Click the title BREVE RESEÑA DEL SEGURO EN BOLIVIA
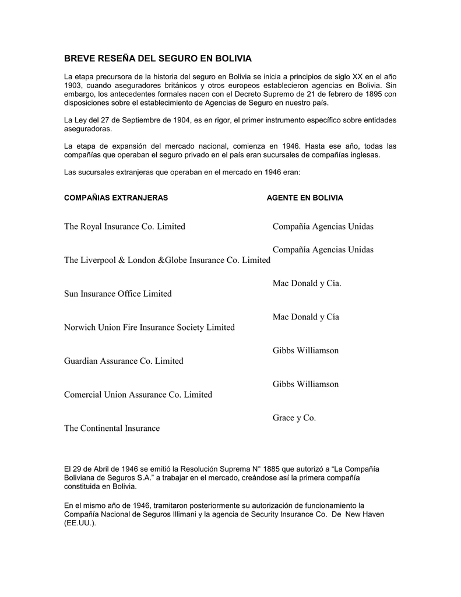coord(157,59)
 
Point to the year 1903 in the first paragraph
coord(73,85)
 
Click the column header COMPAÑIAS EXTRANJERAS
coord(115,198)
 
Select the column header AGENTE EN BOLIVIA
coord(305,198)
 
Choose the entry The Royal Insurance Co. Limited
coord(124,226)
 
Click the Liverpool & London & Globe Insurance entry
coord(167,260)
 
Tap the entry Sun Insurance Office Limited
coord(118,294)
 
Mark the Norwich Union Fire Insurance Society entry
coord(149,328)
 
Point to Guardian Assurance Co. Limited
coord(124,361)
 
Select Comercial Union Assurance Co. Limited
coord(138,395)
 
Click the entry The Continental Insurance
coord(111,429)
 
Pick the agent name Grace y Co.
coord(294,418)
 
